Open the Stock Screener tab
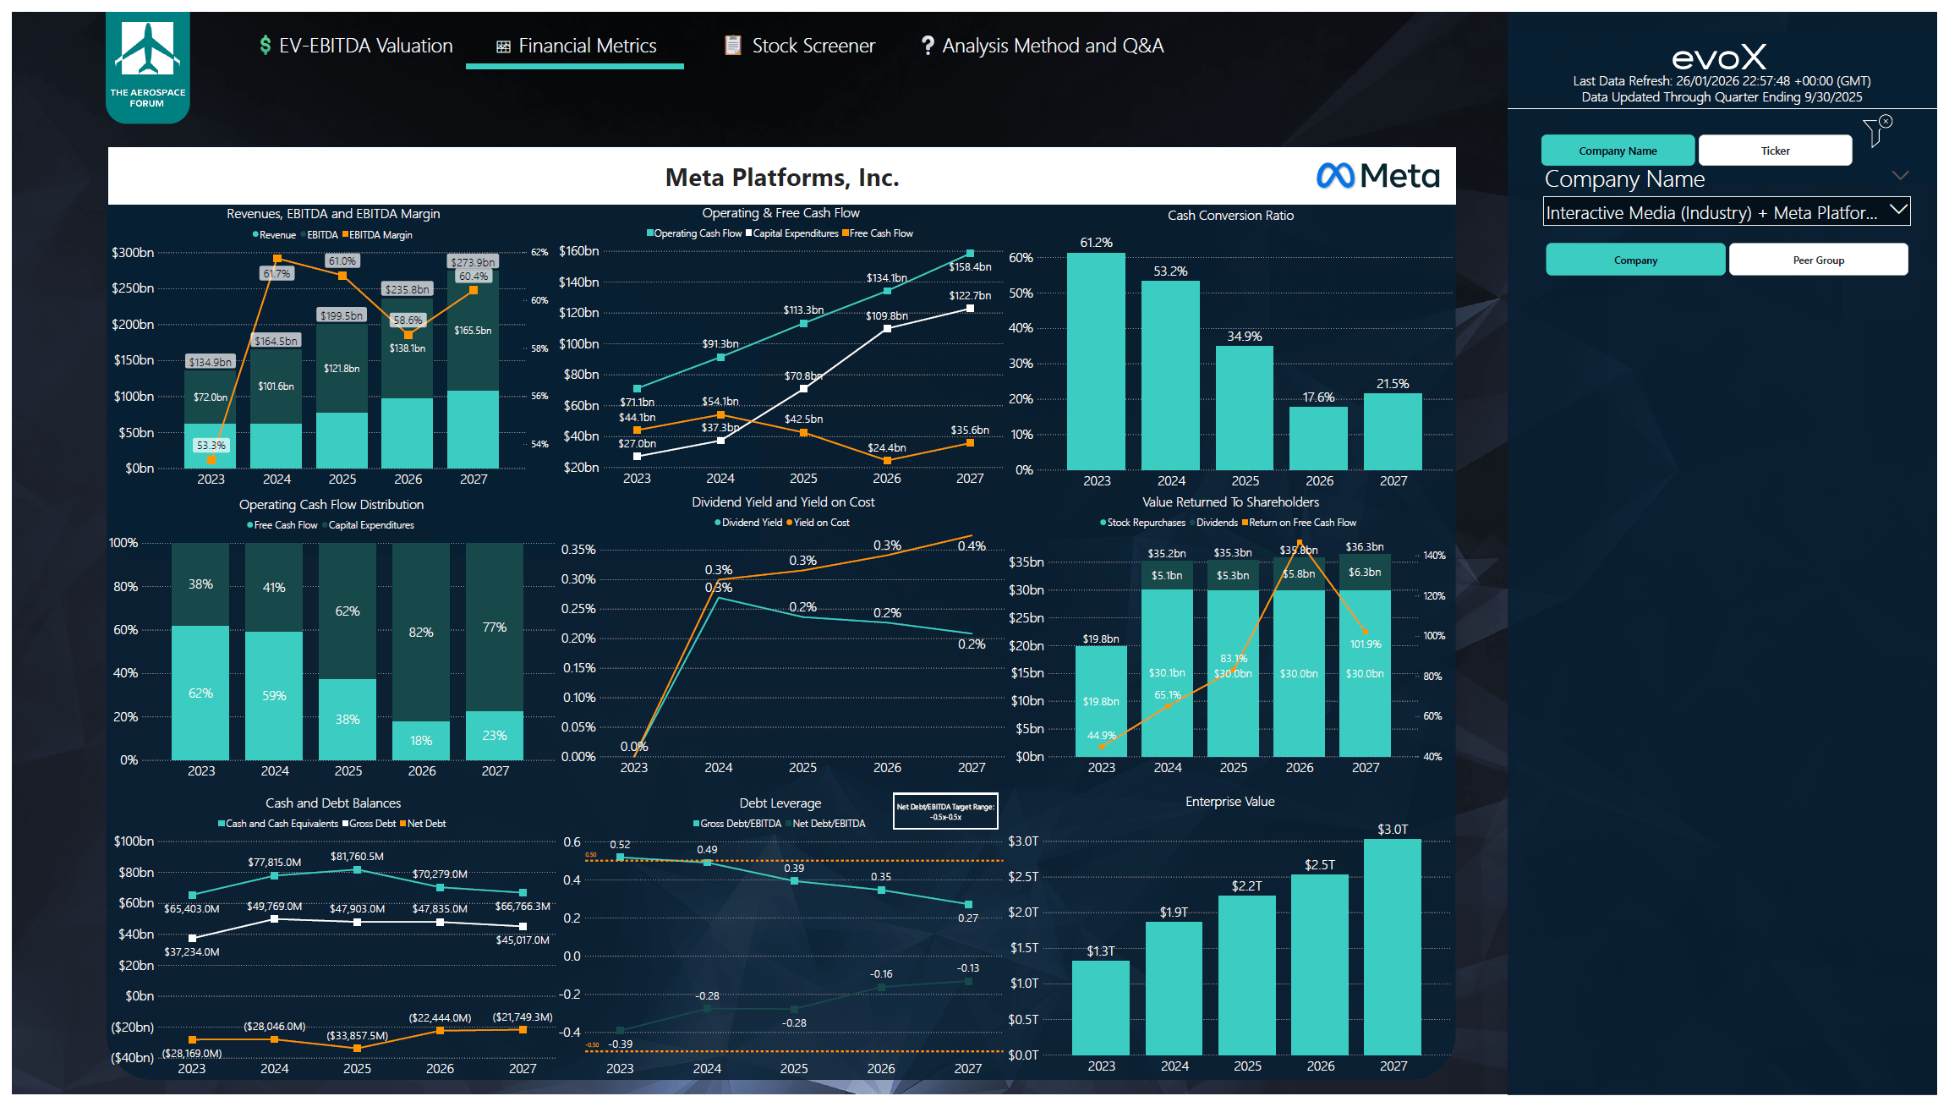tap(800, 46)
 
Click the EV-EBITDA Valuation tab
tap(356, 46)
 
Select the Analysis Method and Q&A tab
tap(1043, 46)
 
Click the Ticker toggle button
tap(1775, 151)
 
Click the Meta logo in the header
tap(1377, 176)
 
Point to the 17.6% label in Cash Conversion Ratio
tap(1318, 397)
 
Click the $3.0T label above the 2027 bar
tap(1392, 830)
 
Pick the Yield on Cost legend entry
tap(818, 523)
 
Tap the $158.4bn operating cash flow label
tap(970, 267)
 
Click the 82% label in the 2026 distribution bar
tap(421, 633)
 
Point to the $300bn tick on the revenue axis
tap(133, 253)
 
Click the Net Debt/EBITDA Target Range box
tap(945, 811)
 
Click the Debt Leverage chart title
tap(780, 803)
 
